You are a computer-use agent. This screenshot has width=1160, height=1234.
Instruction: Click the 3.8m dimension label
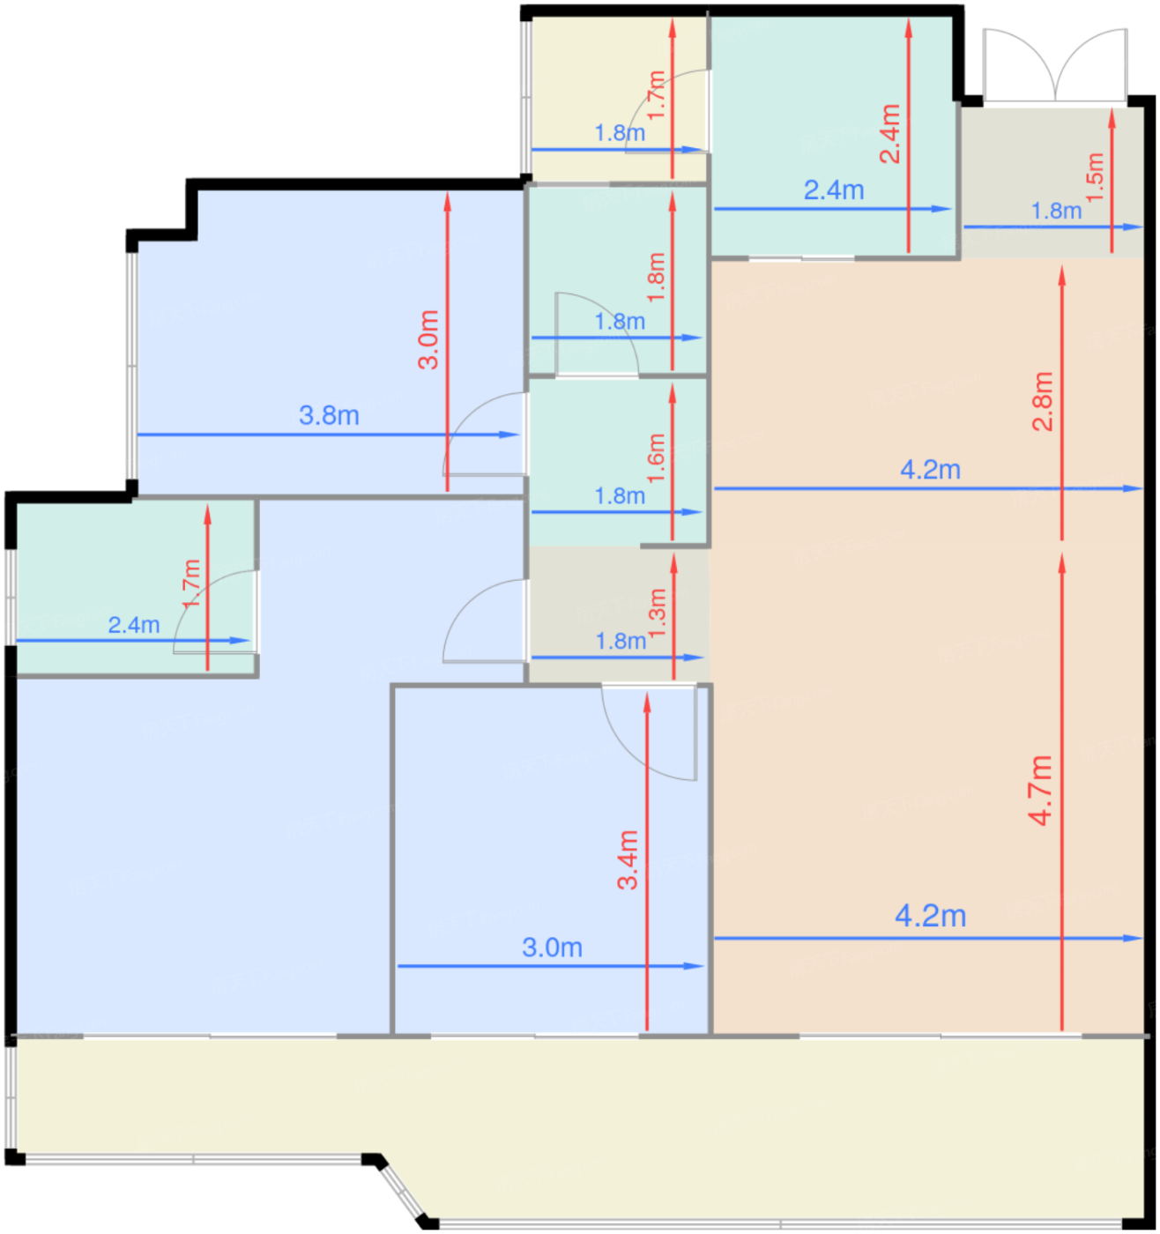pos(329,415)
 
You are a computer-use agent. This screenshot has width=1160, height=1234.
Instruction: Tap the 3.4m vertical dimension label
pos(628,859)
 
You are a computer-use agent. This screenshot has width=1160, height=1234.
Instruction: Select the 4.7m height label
pos(1041,791)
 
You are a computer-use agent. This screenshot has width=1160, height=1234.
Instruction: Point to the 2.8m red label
pos(1042,401)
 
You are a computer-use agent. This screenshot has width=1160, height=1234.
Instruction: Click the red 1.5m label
pos(1095,176)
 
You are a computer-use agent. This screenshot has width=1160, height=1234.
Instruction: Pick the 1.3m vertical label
pos(657,613)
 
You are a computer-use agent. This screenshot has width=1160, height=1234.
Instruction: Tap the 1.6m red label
pos(657,458)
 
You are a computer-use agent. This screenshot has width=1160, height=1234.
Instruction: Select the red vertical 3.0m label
pos(428,339)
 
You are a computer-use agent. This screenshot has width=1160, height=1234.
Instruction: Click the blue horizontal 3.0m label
pos(552,948)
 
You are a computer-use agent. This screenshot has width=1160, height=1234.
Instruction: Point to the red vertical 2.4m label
pos(890,134)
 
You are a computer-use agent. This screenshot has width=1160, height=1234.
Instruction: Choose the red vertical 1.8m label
pos(657,277)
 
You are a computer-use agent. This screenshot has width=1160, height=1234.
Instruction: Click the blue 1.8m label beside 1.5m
pos(1056,212)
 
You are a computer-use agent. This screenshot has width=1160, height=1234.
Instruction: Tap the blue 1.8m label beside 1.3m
pos(621,641)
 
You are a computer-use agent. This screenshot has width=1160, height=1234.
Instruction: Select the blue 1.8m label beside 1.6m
pos(620,496)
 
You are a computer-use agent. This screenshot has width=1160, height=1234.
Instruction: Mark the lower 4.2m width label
pos(931,916)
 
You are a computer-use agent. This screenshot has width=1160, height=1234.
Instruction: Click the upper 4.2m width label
pos(931,470)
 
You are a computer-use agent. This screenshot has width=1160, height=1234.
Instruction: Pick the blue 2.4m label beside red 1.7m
pos(134,624)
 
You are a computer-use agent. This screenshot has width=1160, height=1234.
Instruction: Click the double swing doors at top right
pos(1054,65)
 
